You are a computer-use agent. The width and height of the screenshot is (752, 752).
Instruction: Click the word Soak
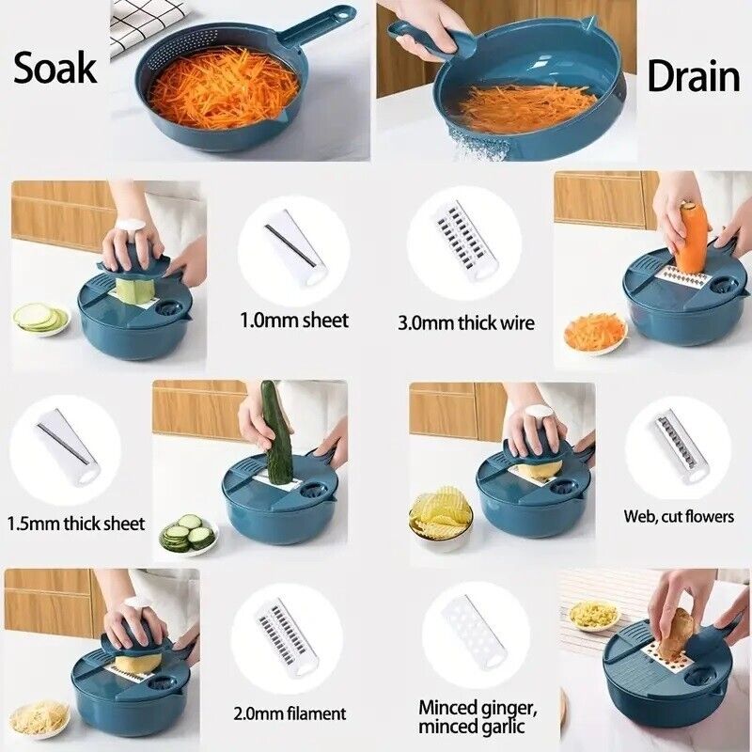[55, 68]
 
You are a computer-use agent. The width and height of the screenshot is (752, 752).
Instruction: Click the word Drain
[694, 76]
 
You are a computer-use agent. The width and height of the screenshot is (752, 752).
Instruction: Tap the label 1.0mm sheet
[294, 320]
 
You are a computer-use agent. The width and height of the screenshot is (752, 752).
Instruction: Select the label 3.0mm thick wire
[465, 322]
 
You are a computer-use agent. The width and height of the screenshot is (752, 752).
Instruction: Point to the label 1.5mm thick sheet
[76, 523]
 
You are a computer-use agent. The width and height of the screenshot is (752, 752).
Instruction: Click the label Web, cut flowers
[679, 516]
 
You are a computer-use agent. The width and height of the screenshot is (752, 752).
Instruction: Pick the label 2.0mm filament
[290, 713]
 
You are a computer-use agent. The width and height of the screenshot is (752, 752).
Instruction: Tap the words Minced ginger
[477, 708]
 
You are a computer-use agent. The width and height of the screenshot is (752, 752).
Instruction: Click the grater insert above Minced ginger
[476, 633]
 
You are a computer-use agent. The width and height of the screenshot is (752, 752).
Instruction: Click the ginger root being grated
[673, 632]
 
